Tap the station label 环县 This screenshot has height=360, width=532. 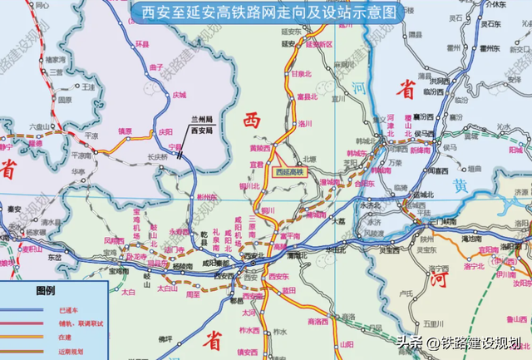point(142,43)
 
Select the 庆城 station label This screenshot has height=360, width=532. point(179,95)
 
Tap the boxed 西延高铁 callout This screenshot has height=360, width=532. point(290,171)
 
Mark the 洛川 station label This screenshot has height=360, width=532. point(304,122)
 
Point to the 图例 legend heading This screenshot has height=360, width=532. point(45,292)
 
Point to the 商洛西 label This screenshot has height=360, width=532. point(318,321)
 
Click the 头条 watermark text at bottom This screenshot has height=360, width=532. point(409,343)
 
